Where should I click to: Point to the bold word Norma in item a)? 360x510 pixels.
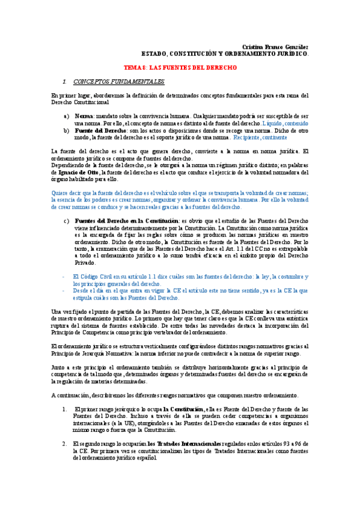click(84, 115)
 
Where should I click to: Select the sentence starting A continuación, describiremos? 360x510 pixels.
click(174, 395)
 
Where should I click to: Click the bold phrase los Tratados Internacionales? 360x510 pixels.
click(183, 443)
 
